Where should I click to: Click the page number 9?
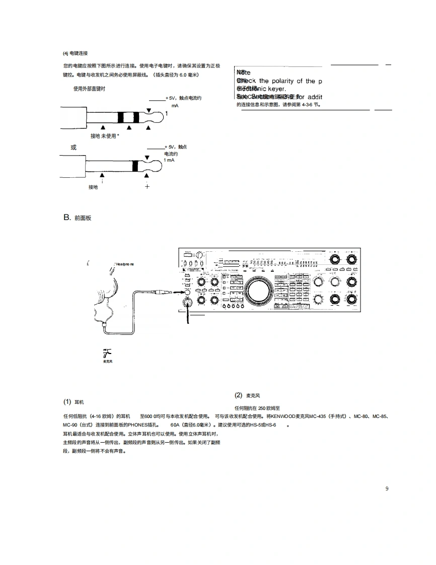tap(387, 488)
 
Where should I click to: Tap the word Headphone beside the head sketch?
tap(125, 264)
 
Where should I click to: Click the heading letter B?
tap(66, 218)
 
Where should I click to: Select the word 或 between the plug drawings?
tap(74, 147)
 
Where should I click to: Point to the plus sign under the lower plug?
tap(147, 186)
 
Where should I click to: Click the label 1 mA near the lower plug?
tap(169, 160)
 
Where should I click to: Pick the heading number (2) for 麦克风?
tap(239, 395)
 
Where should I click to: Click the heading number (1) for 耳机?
tap(67, 402)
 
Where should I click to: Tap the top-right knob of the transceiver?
tap(351, 260)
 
